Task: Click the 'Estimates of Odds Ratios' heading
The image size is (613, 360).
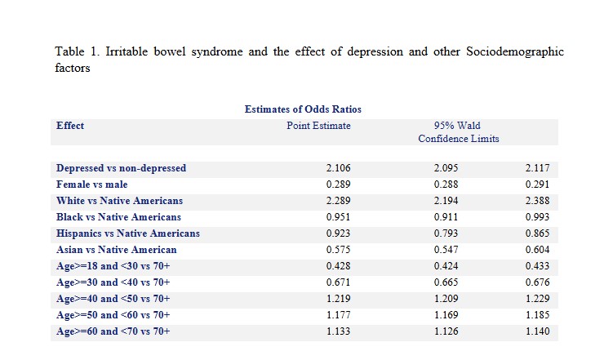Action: [x=303, y=109]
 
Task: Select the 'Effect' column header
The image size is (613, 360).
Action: [x=70, y=126]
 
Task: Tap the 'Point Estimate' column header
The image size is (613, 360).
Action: [x=318, y=126]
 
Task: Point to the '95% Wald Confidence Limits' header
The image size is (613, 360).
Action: [x=459, y=132]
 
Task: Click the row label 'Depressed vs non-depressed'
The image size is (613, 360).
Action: [x=121, y=168]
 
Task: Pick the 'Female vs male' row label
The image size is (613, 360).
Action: [x=92, y=184]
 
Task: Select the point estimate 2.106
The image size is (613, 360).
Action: [x=339, y=168]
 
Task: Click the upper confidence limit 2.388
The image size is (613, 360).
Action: [x=538, y=201]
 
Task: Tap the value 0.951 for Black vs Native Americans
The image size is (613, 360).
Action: [x=339, y=217]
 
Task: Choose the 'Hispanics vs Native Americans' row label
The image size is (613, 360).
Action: [x=128, y=233]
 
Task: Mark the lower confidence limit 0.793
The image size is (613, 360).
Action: [x=446, y=233]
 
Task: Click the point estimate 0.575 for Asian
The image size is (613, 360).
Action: [x=339, y=250]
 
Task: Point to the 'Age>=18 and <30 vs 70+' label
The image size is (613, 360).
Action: [x=113, y=266]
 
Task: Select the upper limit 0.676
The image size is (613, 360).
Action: [x=538, y=282]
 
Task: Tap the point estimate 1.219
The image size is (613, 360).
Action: [x=339, y=299]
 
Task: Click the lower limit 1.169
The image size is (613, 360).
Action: [x=446, y=315]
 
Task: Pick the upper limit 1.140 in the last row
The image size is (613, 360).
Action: [x=538, y=331]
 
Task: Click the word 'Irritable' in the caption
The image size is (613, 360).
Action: [x=127, y=51]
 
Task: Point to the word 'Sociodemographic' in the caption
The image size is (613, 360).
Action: [x=515, y=52]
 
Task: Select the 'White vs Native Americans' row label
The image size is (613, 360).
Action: [x=119, y=201]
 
